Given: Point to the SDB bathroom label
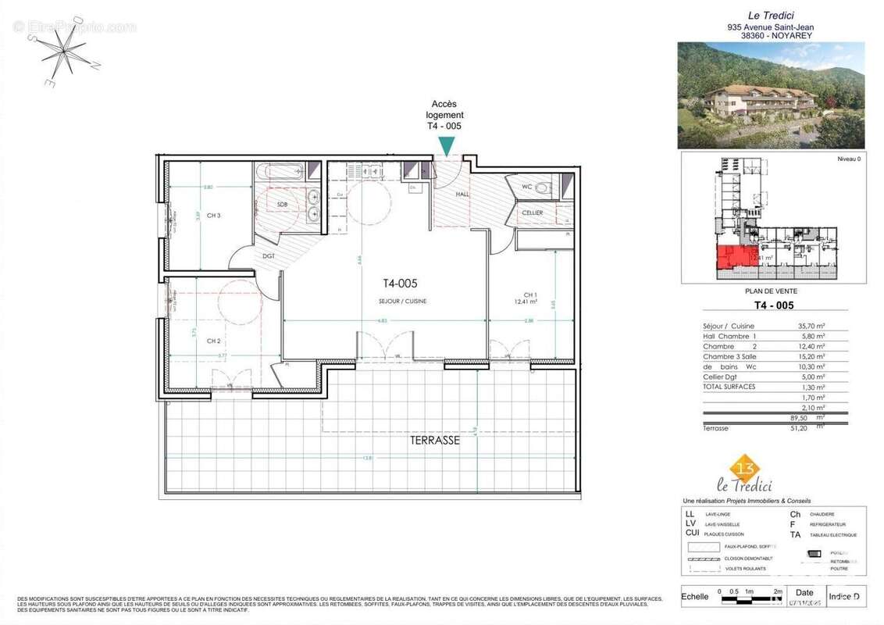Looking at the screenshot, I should [282, 204].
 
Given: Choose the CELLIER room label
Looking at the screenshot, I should [533, 212].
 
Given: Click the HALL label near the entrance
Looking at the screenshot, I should [462, 194].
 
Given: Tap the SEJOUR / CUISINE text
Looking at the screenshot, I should [405, 301].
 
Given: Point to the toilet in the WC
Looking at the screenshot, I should [542, 187].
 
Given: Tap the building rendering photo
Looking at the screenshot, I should [770, 95].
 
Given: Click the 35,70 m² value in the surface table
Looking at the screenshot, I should [809, 327].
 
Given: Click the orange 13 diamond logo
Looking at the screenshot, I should [744, 466].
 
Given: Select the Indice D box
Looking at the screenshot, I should [846, 596].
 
